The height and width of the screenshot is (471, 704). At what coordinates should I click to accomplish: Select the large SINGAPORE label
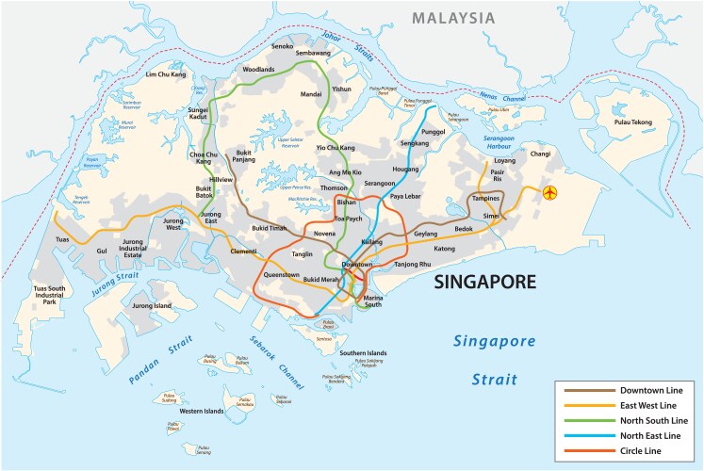pos(483,282)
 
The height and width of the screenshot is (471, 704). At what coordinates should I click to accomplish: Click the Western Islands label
pos(202,411)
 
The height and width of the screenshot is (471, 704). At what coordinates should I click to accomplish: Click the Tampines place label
pos(484,200)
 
